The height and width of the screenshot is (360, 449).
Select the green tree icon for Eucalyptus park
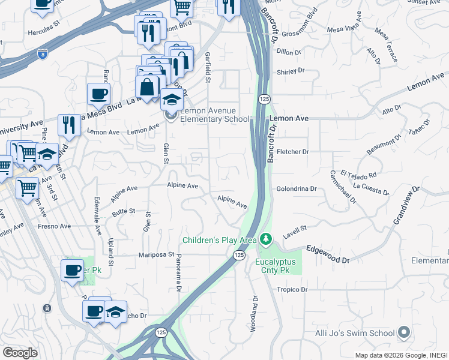[x=265, y=239]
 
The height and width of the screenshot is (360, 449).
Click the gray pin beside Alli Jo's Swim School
[x=404, y=332]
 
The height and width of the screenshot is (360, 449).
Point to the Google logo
[x=20, y=352]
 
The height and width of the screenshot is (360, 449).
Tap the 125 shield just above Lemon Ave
[x=264, y=98]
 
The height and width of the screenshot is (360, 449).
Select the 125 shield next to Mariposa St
[x=238, y=256]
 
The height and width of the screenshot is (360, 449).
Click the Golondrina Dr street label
[x=296, y=188]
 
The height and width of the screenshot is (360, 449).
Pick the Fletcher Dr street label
[x=293, y=152]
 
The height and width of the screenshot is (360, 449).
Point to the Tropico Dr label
[x=292, y=289]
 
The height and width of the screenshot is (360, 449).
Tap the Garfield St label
[x=208, y=67]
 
